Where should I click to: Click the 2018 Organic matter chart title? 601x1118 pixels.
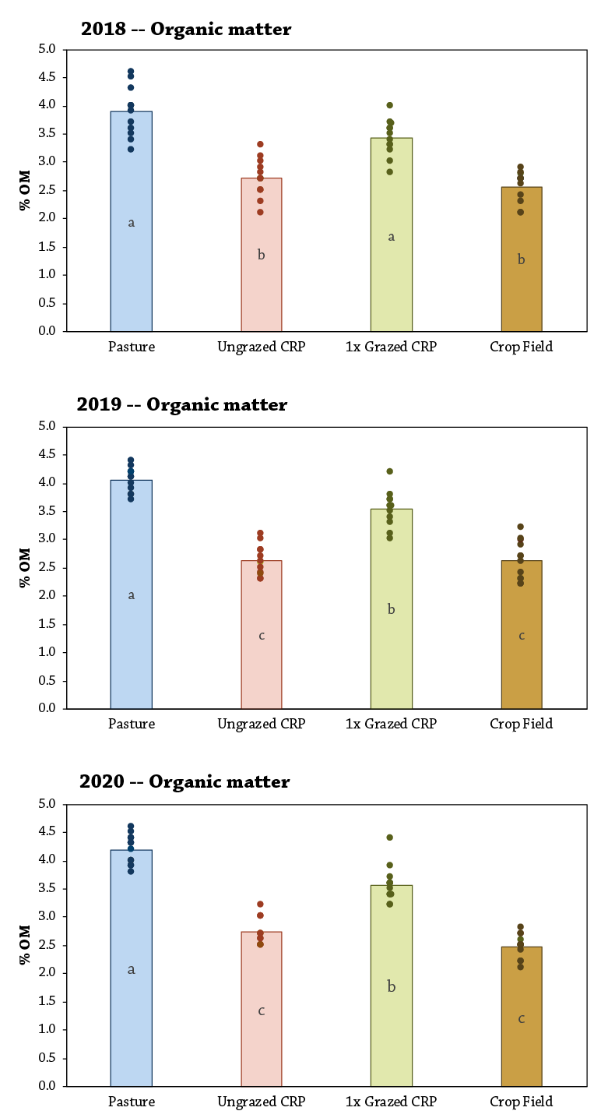tap(186, 30)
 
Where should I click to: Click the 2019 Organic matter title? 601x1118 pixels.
tap(181, 405)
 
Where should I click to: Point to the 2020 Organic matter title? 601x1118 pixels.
tap(185, 781)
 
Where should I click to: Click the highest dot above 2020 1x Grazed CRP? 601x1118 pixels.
tap(390, 838)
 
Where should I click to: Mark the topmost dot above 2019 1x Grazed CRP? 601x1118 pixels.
tap(390, 471)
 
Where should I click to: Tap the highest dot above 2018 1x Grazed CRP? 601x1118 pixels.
tap(390, 105)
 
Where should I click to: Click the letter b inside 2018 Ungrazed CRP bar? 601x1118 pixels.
tap(262, 255)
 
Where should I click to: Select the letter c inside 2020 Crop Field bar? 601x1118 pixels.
tap(522, 1018)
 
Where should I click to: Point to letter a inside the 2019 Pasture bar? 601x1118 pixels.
tap(131, 595)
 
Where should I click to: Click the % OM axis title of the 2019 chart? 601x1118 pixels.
tap(25, 567)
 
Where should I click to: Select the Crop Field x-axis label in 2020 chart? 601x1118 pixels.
tap(522, 1102)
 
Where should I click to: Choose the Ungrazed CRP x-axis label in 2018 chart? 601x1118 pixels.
tap(262, 347)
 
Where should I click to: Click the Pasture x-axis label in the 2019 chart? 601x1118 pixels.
tap(131, 724)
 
